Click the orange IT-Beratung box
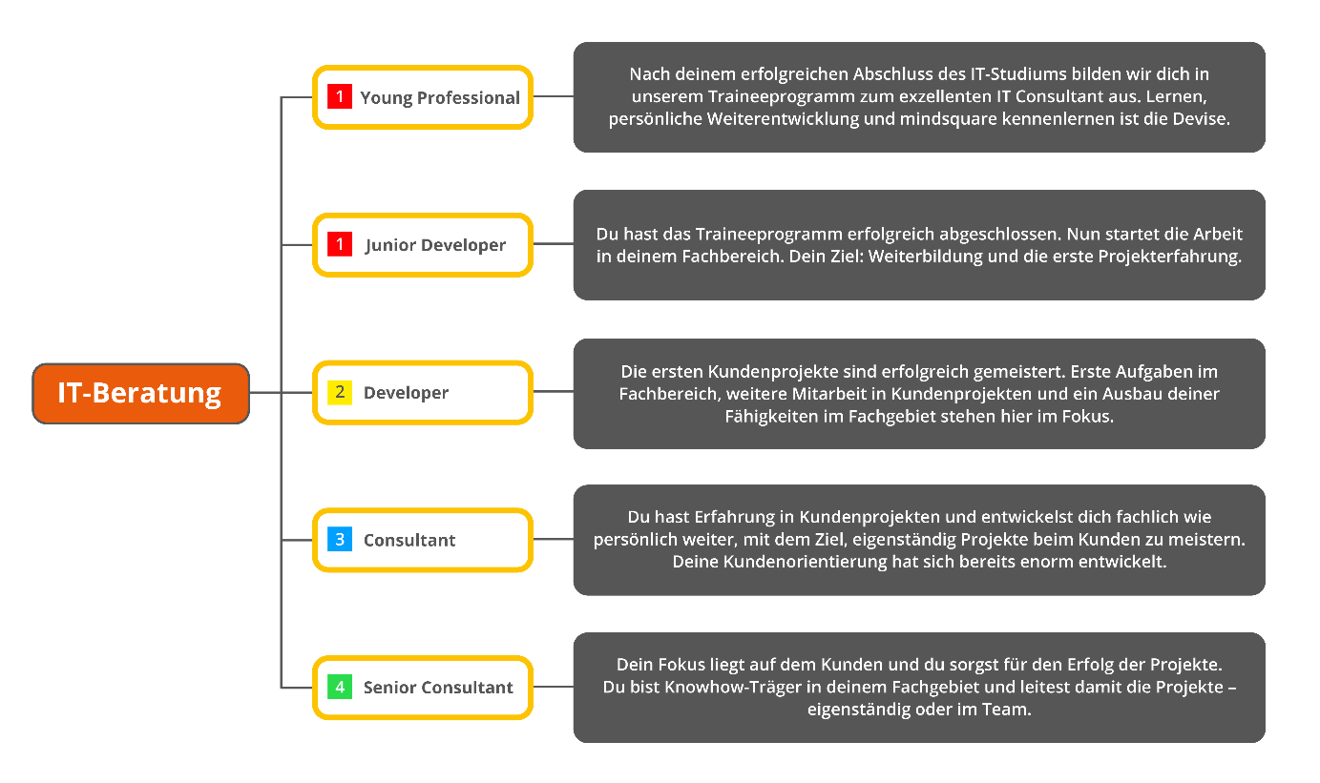tap(140, 393)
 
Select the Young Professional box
tap(423, 97)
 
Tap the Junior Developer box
tap(423, 245)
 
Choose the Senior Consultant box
tap(423, 688)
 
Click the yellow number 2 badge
tap(340, 392)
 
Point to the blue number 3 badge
tap(340, 540)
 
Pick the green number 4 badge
tap(340, 687)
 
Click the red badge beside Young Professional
tap(340, 97)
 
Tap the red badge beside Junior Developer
tap(340, 245)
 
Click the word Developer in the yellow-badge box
tap(406, 393)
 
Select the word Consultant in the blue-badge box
tap(409, 541)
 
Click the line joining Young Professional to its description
tap(553, 96)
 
